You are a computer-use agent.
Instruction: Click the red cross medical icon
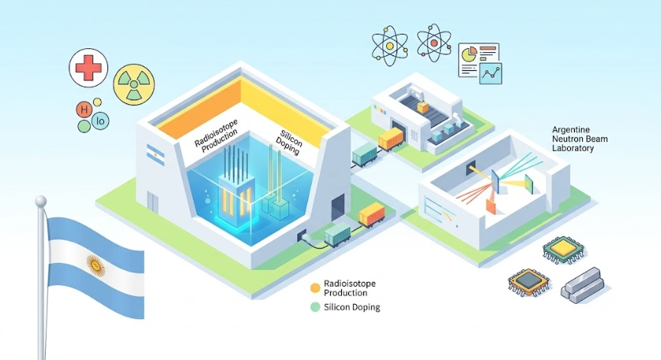(88, 67)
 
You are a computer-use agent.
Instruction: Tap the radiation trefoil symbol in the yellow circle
(133, 84)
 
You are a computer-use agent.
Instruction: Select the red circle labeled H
(84, 111)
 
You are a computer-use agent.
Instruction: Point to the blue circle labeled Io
(100, 122)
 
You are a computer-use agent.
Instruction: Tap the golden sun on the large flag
(96, 265)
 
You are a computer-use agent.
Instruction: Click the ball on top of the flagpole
(41, 201)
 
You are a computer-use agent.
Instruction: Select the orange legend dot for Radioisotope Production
(315, 288)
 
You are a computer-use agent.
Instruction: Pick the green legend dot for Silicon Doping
(315, 307)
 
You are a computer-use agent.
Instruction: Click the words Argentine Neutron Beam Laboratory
(580, 139)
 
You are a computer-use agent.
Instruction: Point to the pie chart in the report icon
(469, 54)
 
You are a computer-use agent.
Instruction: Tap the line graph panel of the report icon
(490, 73)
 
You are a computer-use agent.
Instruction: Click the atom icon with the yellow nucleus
(389, 46)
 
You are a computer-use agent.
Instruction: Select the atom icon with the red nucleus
(434, 43)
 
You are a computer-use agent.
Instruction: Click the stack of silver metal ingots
(582, 284)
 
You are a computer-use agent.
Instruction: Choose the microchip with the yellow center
(564, 249)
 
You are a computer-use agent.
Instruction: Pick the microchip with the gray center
(529, 282)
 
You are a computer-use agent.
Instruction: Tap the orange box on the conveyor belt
(423, 107)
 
